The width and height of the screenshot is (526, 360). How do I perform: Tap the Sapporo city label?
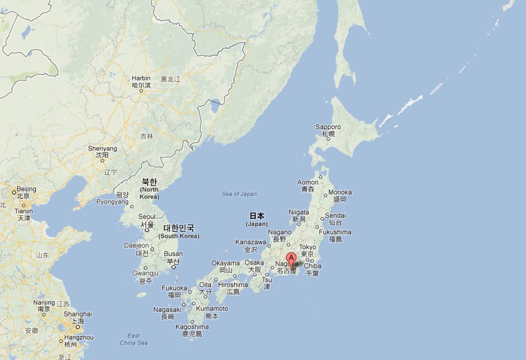(328, 127)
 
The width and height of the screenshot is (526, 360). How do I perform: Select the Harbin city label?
(141, 79)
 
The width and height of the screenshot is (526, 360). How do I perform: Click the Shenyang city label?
(102, 148)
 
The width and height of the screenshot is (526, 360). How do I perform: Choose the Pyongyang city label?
(112, 202)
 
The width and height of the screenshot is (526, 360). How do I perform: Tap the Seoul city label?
(147, 217)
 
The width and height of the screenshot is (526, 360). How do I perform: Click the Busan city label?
(173, 254)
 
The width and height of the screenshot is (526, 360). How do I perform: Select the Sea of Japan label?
(239, 193)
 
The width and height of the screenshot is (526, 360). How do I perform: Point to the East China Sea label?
(133, 339)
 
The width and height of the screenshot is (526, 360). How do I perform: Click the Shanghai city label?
(78, 314)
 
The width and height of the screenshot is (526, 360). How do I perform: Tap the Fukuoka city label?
(174, 288)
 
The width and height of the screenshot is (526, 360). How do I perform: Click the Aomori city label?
(308, 182)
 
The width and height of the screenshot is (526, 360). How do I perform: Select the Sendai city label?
(336, 215)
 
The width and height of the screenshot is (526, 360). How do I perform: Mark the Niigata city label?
(298, 212)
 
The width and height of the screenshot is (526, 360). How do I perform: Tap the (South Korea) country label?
(178, 236)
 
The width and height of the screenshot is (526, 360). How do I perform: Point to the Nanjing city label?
(44, 303)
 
